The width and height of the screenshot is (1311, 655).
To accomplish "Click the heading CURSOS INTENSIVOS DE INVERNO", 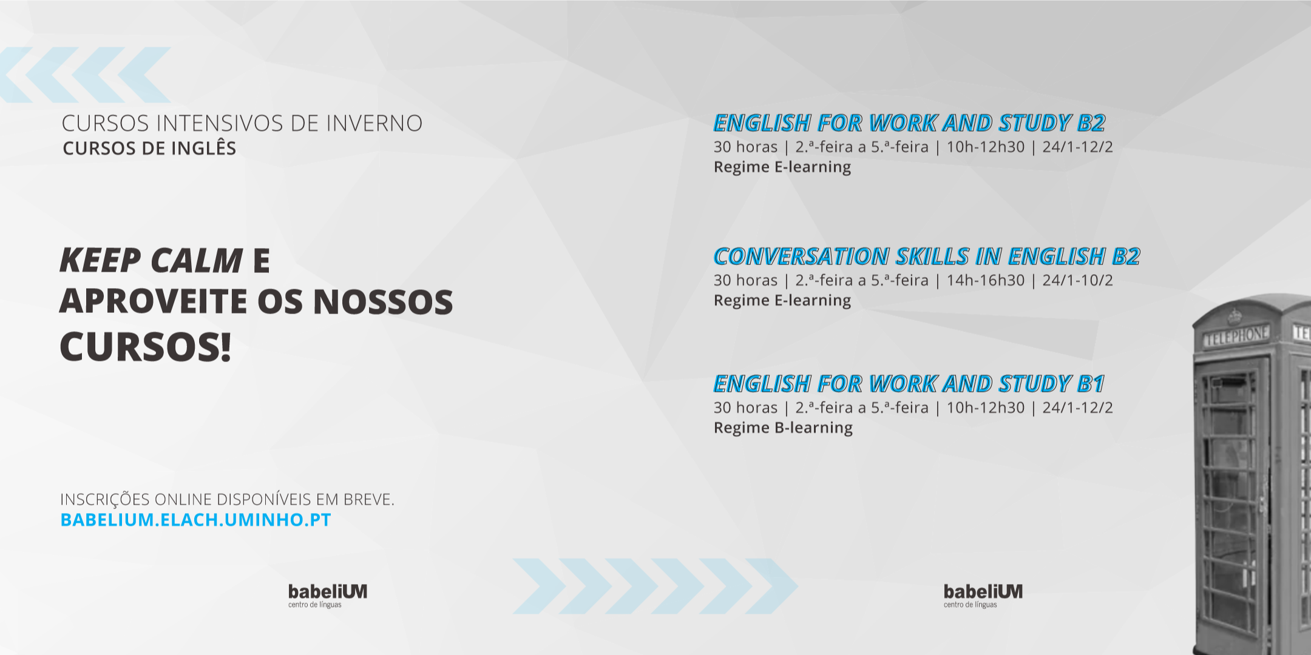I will tap(242, 123).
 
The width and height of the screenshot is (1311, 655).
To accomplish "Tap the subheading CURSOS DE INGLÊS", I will tap(149, 149).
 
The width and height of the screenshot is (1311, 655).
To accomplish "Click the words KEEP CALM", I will tap(151, 261).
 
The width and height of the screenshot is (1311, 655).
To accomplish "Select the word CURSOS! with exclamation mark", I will tap(146, 348).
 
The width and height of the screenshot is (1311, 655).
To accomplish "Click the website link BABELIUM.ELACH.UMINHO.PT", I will tap(195, 520).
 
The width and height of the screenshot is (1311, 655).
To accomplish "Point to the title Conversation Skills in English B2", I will tap(926, 257).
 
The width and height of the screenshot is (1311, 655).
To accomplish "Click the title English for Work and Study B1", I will tap(909, 384).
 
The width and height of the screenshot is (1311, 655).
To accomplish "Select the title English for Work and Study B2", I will tap(909, 123).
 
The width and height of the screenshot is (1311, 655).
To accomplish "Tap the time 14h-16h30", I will tap(985, 280).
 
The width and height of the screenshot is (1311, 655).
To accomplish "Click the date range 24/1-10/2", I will tap(1077, 280).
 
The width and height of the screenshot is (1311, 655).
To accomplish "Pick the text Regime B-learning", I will tap(783, 428).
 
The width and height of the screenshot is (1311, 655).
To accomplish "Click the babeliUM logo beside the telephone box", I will tap(983, 594).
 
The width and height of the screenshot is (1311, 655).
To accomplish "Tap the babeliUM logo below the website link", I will tap(327, 594).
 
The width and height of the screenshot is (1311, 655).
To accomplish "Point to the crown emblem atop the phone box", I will tap(1235, 315).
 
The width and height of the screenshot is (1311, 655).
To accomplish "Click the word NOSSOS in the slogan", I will tap(383, 302).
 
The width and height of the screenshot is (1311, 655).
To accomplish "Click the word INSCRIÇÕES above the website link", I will tap(104, 500).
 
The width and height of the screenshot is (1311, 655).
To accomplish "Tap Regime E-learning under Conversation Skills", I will tap(782, 300).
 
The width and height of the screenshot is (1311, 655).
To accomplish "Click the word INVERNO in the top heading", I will tap(374, 123).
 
